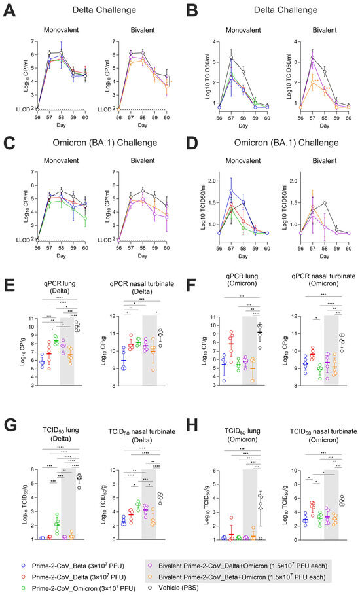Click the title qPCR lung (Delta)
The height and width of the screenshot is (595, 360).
click(54, 298)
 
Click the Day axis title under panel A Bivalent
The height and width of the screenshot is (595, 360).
click(142, 122)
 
